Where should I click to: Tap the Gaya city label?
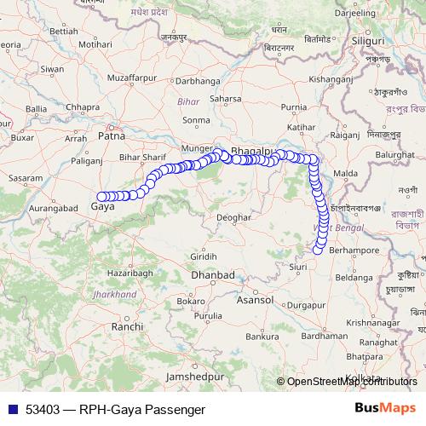point(102,206)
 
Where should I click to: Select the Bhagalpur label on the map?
point(250,151)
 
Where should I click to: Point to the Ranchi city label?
point(127,326)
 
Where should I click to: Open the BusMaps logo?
point(385,408)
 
